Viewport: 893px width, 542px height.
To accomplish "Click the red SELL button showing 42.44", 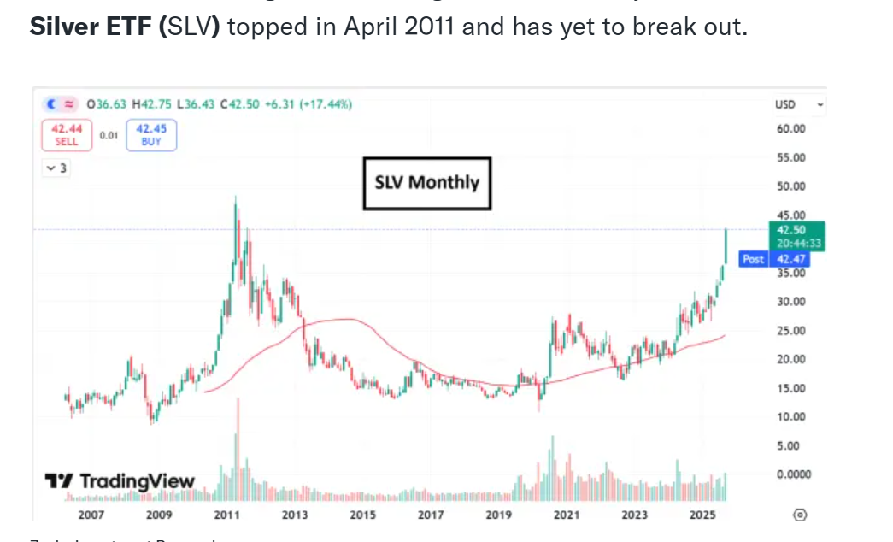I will coord(67,136).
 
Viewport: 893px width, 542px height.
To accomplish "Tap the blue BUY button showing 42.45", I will coord(151,136).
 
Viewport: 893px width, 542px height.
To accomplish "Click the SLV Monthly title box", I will coord(427,183).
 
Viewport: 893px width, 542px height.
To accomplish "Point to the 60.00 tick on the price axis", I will coord(790,128).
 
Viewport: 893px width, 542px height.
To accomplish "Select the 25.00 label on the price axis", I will coord(790,331).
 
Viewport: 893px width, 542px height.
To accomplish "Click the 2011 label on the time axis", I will coord(226,515).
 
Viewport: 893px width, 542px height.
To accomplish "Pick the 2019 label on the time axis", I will coord(498,515).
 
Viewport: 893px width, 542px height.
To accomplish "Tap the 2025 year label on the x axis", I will coord(702,515).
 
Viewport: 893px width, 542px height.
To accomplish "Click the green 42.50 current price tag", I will coord(787,230).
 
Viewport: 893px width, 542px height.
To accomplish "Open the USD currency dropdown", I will coord(799,104).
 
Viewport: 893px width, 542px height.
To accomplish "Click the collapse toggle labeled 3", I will coord(56,168).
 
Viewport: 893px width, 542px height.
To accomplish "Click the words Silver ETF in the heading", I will coord(94,27).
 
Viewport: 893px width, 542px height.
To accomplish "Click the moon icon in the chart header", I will coord(51,104).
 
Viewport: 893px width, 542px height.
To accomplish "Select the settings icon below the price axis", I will coord(800,515).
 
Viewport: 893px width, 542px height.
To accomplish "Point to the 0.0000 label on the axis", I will coord(793,474).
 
